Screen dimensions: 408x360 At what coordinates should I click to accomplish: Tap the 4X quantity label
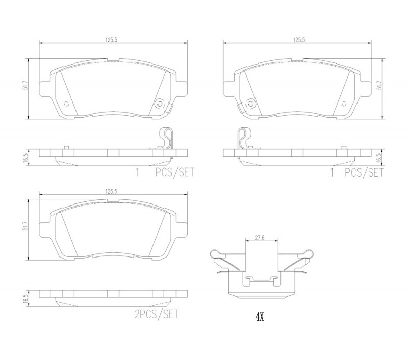[260, 317]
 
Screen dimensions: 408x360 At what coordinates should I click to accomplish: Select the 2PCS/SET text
[157, 314]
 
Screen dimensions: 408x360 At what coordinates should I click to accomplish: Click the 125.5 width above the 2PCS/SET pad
[112, 191]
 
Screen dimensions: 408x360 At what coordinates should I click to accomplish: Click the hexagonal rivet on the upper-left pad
[159, 105]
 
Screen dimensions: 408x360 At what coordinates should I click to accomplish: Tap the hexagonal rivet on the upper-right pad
[250, 104]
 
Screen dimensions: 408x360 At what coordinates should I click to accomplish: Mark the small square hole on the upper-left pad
[66, 104]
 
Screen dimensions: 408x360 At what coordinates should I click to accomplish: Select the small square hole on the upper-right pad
[344, 104]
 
